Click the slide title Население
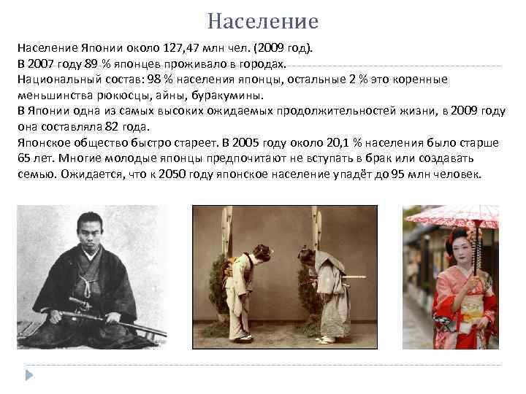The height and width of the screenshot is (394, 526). [x=263, y=21]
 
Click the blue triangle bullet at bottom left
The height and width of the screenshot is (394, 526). [x=31, y=375]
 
